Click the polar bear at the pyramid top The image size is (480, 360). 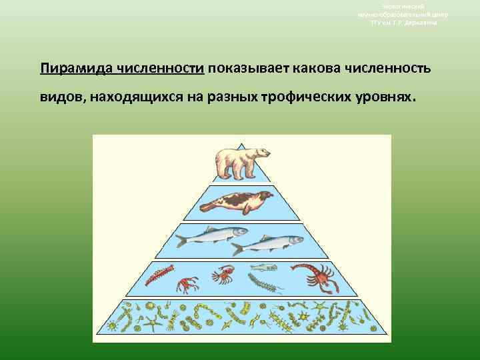(x=242, y=160)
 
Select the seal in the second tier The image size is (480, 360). (x=240, y=201)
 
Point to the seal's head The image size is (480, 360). (x=267, y=196)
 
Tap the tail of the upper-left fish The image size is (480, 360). (x=181, y=239)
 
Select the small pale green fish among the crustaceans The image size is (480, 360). (x=263, y=267)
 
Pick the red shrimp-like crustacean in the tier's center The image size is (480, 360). (x=221, y=273)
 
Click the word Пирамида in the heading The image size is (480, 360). (x=74, y=69)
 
